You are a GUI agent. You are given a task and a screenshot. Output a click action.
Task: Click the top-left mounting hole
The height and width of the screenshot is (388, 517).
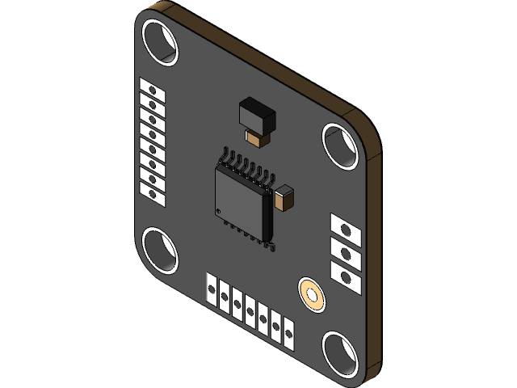pos(159,40)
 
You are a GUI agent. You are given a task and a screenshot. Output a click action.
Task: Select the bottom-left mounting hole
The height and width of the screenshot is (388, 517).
pos(159,250)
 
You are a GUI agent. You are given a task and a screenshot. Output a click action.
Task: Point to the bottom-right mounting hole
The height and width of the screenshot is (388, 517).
pos(342,354)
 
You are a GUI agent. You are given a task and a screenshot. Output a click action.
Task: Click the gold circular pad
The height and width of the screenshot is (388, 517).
pos(311,294)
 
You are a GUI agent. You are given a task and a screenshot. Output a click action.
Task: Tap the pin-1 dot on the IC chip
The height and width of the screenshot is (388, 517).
pos(221,211)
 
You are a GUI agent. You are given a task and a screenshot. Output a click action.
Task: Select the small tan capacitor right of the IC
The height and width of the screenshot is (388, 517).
pos(285,198)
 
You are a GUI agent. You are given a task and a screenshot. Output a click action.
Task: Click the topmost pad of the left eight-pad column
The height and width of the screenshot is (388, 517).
pos(152,88)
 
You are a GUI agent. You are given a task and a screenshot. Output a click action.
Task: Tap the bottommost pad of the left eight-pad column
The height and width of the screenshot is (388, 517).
pos(152,191)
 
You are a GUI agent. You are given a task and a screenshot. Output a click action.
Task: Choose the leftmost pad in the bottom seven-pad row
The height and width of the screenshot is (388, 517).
pos(212,291)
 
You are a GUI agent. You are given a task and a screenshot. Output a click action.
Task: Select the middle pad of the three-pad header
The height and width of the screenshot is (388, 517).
pos(345,252)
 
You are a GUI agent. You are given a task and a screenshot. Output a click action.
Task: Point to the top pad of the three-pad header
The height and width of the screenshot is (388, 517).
pos(345,230)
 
